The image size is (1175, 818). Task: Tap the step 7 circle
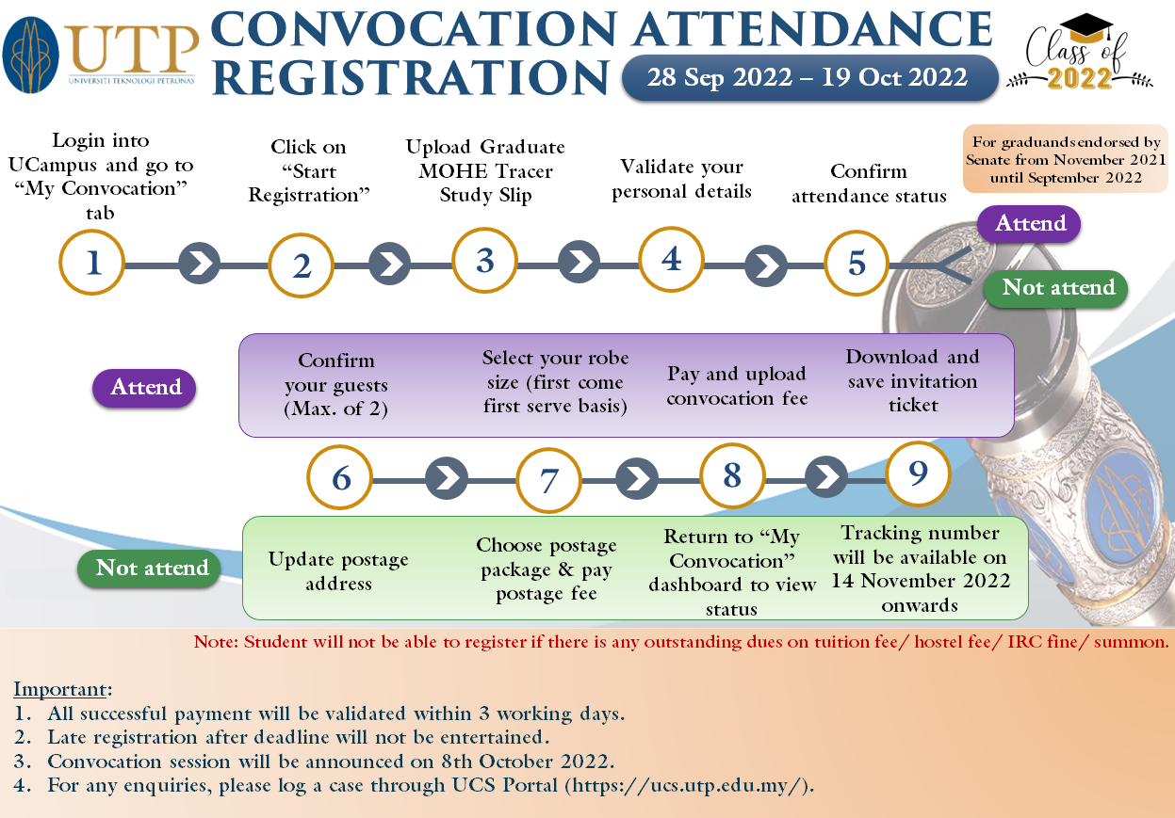tap(548, 480)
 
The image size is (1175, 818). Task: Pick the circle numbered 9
tap(919, 474)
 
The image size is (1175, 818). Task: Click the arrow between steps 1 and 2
tap(199, 264)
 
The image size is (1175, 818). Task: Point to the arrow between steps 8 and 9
tap(827, 476)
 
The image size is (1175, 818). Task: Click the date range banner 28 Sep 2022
tap(808, 77)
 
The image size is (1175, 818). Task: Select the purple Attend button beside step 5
tap(1030, 224)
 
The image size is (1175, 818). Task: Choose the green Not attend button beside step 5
tap(1057, 288)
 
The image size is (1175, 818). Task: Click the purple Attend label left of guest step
tap(145, 388)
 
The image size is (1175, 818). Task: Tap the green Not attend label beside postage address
tap(152, 569)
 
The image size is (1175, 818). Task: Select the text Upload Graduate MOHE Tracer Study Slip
tap(485, 171)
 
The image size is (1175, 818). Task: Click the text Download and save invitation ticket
tap(912, 380)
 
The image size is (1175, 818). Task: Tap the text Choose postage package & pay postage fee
tap(547, 569)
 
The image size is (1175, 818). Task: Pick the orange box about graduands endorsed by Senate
tap(1065, 160)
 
